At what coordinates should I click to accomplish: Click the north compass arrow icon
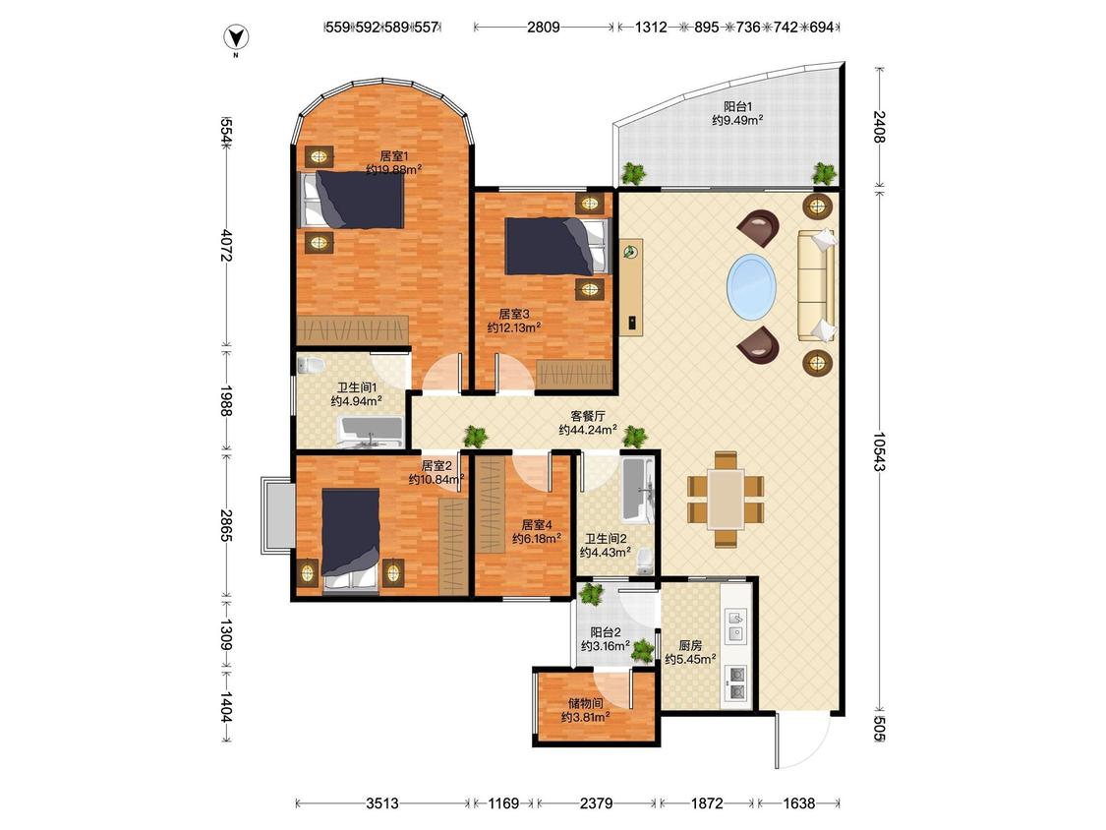[x=236, y=37]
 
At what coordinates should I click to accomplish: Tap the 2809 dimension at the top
[x=543, y=28]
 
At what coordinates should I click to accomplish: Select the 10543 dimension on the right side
[x=878, y=451]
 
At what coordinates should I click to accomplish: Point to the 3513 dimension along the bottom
[x=382, y=803]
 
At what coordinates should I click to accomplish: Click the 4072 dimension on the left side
[x=226, y=245]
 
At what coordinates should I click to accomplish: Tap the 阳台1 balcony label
[x=737, y=107]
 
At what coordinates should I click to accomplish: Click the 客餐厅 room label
[x=588, y=416]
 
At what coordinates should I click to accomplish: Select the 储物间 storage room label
[x=586, y=704]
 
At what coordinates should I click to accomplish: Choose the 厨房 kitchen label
[x=690, y=645]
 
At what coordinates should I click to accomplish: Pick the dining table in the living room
[x=727, y=499]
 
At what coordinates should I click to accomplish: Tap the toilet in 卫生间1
[x=311, y=365]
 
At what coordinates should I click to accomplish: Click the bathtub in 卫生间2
[x=638, y=491]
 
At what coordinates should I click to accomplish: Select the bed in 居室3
[x=555, y=246]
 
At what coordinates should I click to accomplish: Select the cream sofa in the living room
[x=817, y=285]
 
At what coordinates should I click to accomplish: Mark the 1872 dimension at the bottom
[x=707, y=803]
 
